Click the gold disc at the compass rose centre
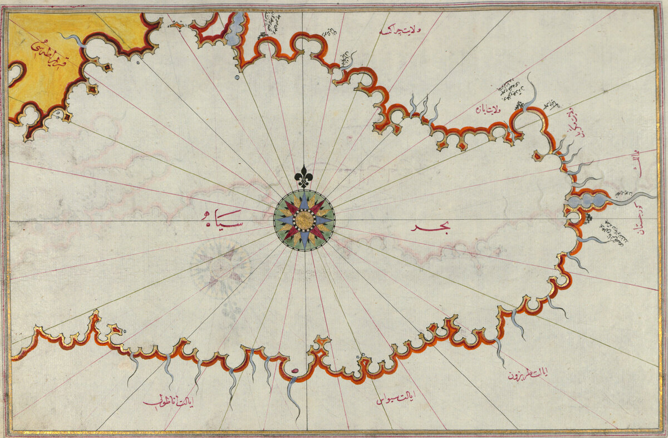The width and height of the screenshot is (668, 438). (304, 220)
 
